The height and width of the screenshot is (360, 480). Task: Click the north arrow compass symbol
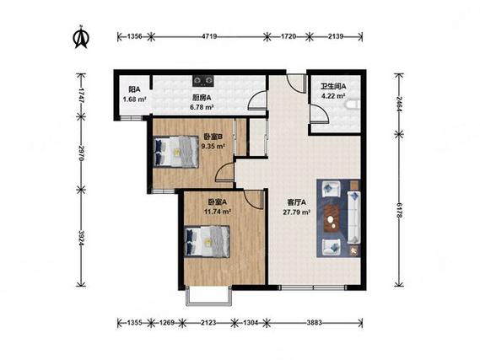(x=81, y=38)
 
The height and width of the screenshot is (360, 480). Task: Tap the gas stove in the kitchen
(x=203, y=80)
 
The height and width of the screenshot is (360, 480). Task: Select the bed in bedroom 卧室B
(x=175, y=152)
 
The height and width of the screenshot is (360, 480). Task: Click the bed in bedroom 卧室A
(x=207, y=242)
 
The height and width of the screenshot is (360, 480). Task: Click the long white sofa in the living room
(x=353, y=218)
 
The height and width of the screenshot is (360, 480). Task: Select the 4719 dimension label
(x=209, y=36)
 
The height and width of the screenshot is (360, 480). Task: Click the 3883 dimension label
(x=314, y=322)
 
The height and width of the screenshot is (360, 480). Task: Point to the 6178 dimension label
(x=398, y=210)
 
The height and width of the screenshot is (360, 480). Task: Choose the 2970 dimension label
(x=81, y=153)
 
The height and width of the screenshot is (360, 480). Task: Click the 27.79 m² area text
(x=297, y=212)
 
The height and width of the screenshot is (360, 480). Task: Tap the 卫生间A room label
(x=333, y=87)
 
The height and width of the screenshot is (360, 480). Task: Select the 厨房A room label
(x=202, y=98)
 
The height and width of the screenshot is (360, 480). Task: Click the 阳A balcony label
(x=134, y=89)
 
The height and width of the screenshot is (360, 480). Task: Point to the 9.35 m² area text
(x=213, y=146)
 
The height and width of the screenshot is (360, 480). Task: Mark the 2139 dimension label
(x=336, y=36)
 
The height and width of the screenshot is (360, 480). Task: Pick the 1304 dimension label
(x=251, y=322)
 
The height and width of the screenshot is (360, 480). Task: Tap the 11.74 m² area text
(x=218, y=212)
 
